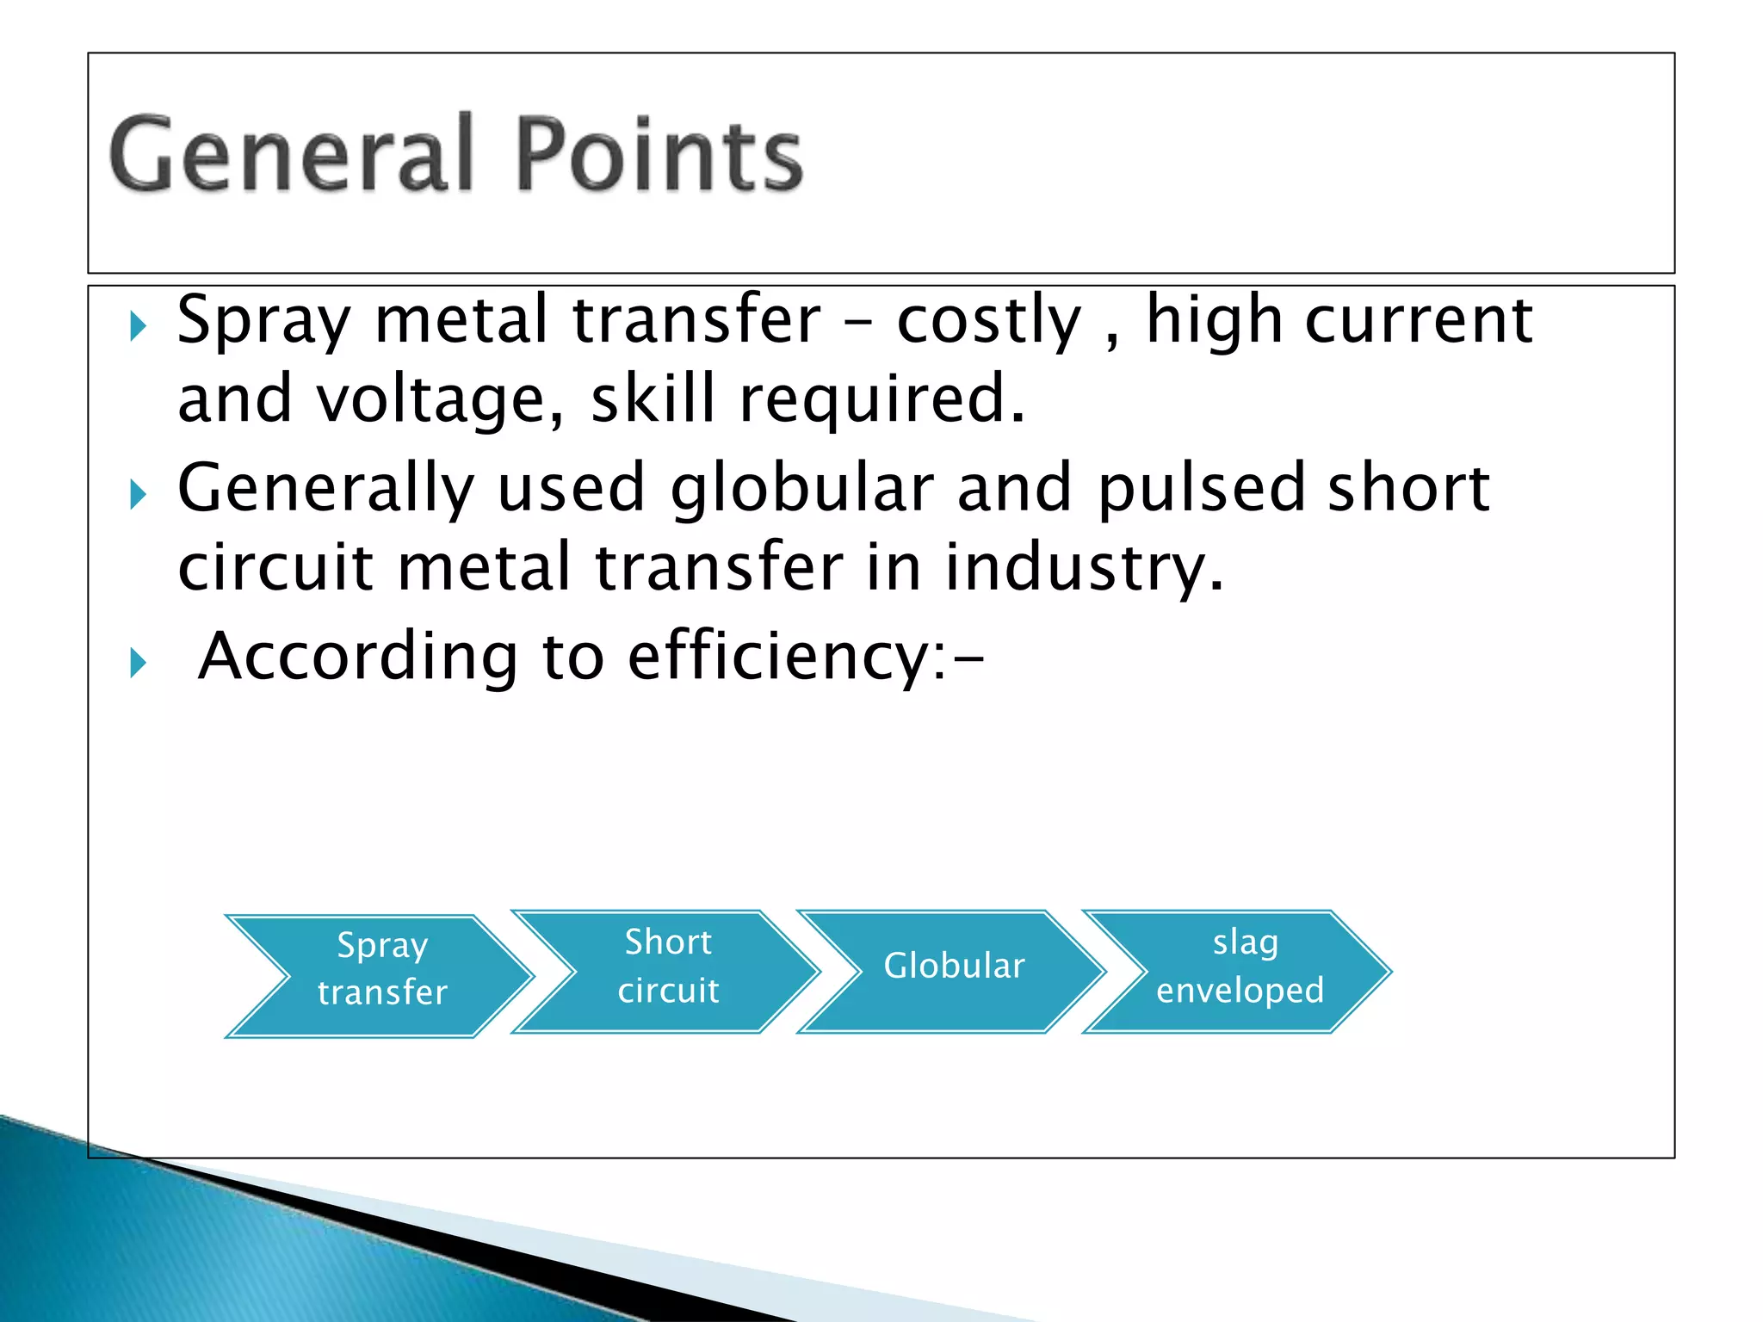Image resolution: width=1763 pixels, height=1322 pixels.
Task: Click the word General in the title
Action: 291,155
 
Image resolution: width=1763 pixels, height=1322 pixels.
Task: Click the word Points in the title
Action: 659,155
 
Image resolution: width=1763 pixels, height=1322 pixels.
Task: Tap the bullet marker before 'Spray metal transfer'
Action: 138,326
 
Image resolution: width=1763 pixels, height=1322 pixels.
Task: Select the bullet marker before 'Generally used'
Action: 138,494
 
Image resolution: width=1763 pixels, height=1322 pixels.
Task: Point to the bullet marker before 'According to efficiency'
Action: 138,663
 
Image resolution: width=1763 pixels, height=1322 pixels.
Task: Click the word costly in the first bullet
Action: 988,321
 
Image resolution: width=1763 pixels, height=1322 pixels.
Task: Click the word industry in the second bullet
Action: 1083,568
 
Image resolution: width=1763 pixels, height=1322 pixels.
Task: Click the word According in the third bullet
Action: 358,658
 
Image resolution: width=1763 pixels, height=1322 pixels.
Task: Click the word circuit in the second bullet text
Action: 275,568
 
